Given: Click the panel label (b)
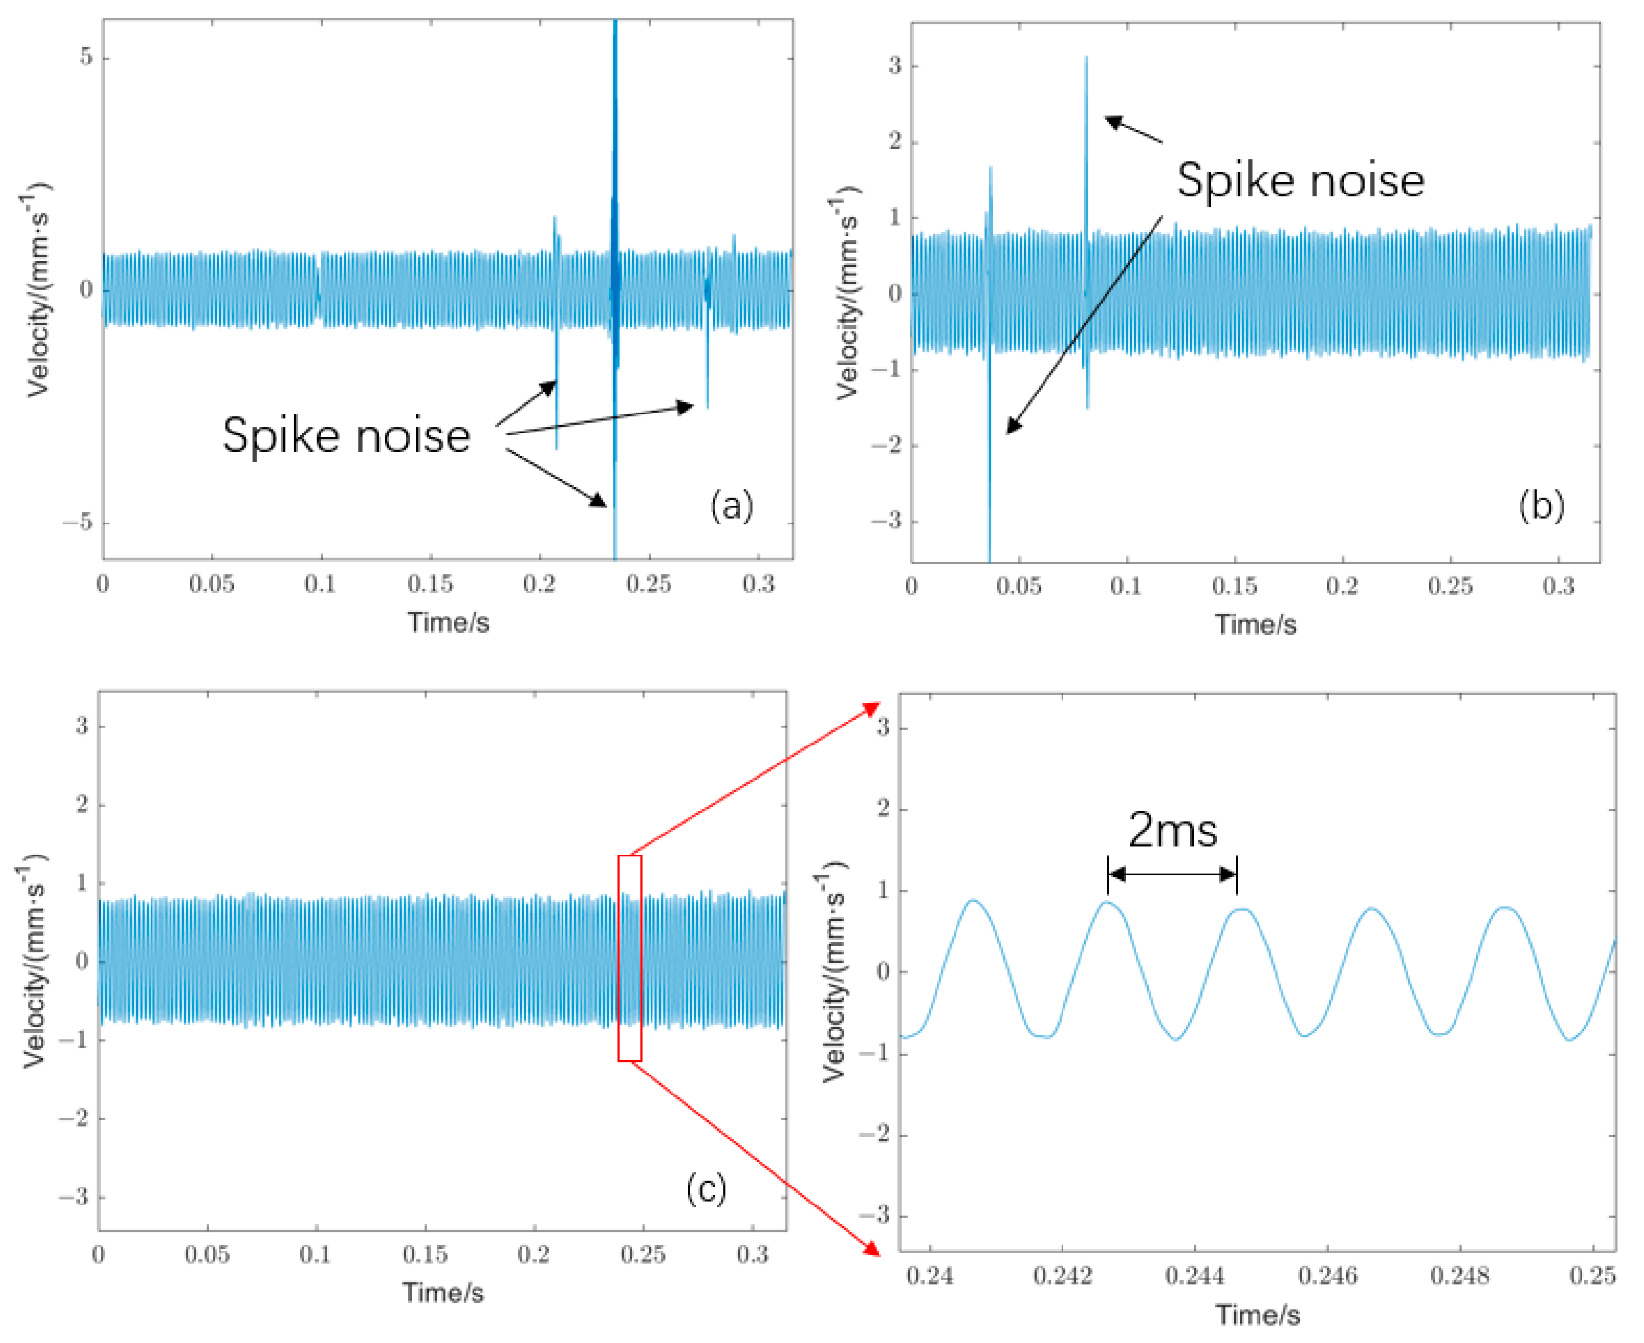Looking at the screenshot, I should [1541, 506].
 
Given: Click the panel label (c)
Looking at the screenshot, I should [707, 1188].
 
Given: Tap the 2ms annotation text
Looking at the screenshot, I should [1172, 830].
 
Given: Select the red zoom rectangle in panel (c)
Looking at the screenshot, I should [630, 958].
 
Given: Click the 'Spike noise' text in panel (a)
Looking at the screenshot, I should [346, 435].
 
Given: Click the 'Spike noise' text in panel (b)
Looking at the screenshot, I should [1300, 180].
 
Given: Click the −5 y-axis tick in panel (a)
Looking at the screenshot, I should [77, 523].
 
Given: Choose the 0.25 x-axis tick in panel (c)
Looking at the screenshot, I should [643, 1254].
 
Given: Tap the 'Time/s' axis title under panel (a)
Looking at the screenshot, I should [448, 622].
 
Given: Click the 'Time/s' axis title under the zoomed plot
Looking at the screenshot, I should [1257, 1315].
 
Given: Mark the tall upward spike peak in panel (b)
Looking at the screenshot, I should [1086, 58].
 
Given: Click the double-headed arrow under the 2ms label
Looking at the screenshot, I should [1172, 875].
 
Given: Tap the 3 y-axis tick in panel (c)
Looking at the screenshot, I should [82, 726].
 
